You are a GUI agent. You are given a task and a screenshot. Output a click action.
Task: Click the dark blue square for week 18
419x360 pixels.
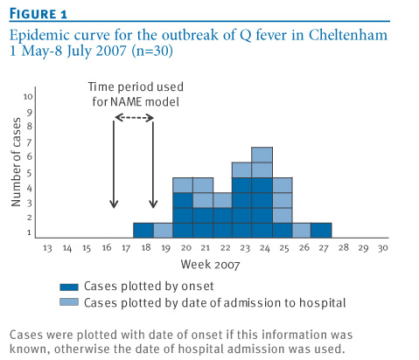point(143,231)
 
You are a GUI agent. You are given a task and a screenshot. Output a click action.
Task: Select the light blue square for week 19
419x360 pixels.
point(163,231)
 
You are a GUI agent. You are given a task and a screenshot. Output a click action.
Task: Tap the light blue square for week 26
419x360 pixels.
point(302,231)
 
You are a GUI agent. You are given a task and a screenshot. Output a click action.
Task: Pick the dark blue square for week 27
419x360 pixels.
point(321,231)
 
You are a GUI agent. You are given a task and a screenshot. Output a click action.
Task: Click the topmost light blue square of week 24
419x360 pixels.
point(262,155)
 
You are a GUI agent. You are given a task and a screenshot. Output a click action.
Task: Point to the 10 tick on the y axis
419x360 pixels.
point(28,96)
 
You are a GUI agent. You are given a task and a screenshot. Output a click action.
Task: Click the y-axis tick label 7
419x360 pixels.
point(29,142)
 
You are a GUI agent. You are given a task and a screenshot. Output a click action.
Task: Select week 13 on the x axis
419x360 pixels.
point(47,248)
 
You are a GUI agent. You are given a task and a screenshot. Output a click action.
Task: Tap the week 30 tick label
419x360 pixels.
point(382,248)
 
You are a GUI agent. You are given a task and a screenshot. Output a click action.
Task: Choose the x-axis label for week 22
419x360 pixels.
point(225,248)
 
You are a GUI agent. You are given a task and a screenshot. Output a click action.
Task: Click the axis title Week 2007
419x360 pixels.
point(210,265)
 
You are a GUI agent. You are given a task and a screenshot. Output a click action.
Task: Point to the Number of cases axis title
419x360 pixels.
point(16,162)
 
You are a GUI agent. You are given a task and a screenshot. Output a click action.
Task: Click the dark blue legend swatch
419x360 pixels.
point(69,287)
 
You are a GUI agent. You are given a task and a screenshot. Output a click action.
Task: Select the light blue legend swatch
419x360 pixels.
point(69,302)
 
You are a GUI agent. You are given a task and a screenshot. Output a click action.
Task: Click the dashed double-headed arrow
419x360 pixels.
point(134,118)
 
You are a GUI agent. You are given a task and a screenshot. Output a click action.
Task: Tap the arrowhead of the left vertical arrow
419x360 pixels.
point(114,204)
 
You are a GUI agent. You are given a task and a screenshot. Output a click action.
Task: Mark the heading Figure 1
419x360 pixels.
point(38,14)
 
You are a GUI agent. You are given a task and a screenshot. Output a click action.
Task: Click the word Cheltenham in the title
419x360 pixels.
point(348,35)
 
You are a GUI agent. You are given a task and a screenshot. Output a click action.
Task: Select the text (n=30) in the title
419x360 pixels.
point(152,51)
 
